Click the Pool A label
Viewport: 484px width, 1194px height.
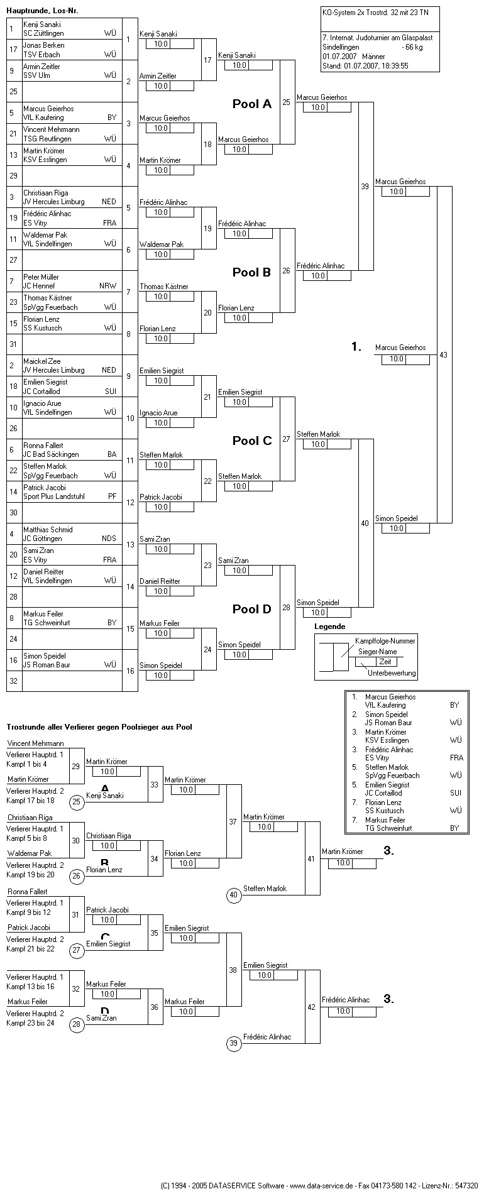point(251,104)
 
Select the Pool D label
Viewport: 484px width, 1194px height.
point(251,609)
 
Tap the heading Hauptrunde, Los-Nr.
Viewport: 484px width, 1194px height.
point(42,11)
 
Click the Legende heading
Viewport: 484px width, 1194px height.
point(330,627)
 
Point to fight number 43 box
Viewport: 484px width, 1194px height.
point(444,355)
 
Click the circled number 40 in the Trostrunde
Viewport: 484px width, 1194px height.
point(234,895)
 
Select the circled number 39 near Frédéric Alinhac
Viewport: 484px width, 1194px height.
point(234,1043)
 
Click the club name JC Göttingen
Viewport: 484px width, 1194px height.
point(43,539)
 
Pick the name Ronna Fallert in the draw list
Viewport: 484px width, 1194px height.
point(43,446)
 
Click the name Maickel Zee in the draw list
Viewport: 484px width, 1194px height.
point(41,361)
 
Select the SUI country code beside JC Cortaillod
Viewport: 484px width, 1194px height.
point(110,391)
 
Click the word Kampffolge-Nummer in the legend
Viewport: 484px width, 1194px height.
point(385,640)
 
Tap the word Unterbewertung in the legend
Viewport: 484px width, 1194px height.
point(392,673)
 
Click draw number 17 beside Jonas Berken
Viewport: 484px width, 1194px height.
point(13,50)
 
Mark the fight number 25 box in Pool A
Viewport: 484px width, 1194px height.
point(287,102)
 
